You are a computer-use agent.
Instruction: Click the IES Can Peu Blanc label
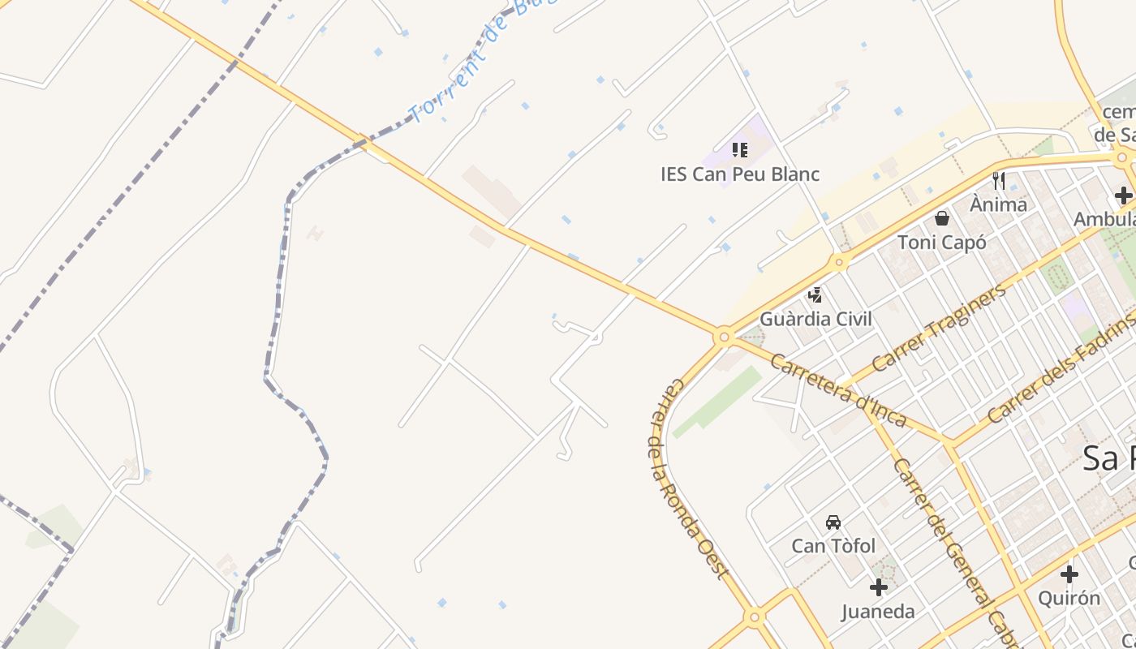click(x=739, y=174)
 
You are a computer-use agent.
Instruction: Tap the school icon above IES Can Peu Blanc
click(x=739, y=150)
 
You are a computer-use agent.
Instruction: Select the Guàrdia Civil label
click(x=815, y=319)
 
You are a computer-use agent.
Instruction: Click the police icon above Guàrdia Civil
click(x=815, y=294)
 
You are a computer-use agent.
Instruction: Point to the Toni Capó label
click(x=941, y=242)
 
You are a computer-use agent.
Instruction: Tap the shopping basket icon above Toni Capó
click(x=942, y=217)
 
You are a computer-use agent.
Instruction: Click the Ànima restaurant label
click(x=998, y=204)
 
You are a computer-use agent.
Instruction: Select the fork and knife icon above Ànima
click(x=999, y=180)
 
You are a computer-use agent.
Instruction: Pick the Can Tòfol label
click(x=833, y=546)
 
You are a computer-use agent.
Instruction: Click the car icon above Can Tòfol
click(x=833, y=522)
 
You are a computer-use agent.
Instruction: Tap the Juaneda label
click(x=878, y=612)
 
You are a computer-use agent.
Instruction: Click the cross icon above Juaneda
click(x=878, y=587)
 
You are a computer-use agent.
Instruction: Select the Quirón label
click(x=1069, y=599)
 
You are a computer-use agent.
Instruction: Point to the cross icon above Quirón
click(x=1069, y=574)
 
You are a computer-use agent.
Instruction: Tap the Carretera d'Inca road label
click(x=837, y=390)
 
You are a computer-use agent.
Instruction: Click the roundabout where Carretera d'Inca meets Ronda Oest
click(x=724, y=336)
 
